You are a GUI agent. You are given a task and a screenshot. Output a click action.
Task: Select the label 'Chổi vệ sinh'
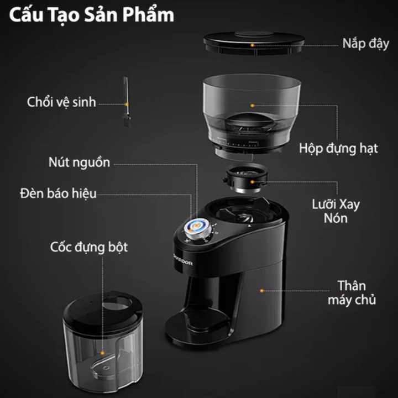click(x=61, y=102)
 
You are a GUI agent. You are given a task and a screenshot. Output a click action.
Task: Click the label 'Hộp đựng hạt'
click(x=339, y=148)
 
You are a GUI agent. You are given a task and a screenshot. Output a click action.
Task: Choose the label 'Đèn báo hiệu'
click(x=58, y=193)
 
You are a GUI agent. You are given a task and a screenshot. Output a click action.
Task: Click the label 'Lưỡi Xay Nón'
click(x=343, y=211)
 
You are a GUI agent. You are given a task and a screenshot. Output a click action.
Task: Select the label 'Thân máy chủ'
click(x=352, y=293)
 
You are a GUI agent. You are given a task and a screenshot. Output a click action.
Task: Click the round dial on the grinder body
click(x=197, y=228)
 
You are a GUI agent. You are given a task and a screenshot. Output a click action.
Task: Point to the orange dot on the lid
click(x=253, y=44)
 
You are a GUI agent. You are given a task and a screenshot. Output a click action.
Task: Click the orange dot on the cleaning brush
click(x=126, y=103)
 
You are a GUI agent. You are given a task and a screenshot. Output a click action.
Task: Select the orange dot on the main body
click(x=261, y=289)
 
